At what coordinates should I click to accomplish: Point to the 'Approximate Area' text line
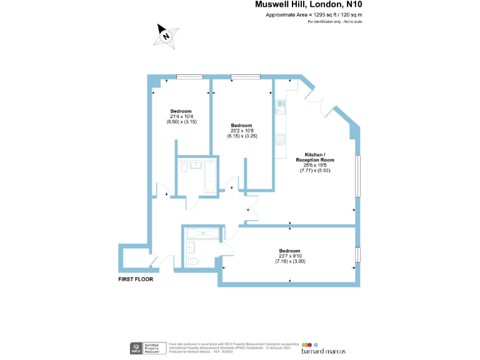[x=314, y=14]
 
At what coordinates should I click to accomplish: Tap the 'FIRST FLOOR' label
[x=136, y=279]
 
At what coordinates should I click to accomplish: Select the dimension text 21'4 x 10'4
[x=181, y=116]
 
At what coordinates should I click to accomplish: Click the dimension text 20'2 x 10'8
[x=241, y=130]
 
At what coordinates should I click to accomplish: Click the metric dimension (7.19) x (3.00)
[x=289, y=261]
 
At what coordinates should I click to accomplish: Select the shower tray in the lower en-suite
[x=202, y=232]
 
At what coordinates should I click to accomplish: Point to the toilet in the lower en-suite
[x=194, y=261]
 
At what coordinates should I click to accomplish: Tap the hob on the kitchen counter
[x=281, y=139]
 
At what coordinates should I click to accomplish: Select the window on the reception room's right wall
[x=358, y=177]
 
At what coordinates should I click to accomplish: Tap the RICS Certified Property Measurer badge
[x=148, y=347]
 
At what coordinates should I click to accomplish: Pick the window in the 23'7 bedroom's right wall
[x=358, y=255]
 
